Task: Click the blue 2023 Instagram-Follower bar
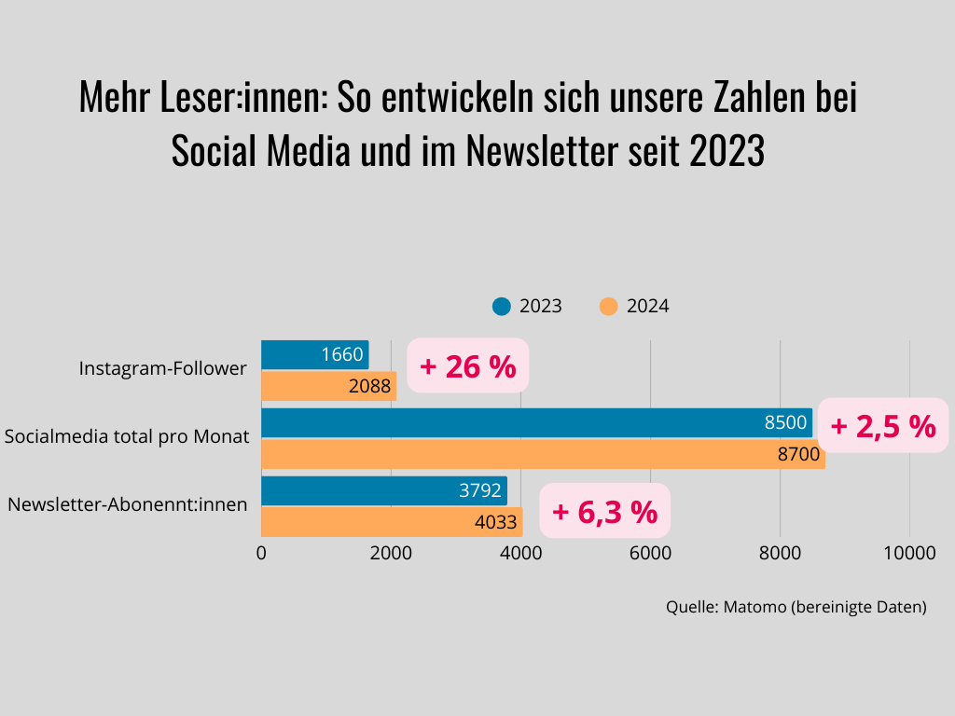314,354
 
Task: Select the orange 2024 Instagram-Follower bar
328,386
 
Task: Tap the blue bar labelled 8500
536,422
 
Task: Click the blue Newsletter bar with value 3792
383,490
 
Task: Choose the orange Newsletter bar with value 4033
392,522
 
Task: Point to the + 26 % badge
468,366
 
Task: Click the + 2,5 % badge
883,426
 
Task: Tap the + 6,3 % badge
604,512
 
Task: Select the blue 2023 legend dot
502,306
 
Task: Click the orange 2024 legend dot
609,306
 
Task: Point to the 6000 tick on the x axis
650,552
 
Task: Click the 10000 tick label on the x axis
909,552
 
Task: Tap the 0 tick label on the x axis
261,552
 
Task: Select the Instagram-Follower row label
163,368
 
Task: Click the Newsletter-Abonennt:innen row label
128,505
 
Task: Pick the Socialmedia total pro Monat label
127,436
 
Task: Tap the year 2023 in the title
727,150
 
